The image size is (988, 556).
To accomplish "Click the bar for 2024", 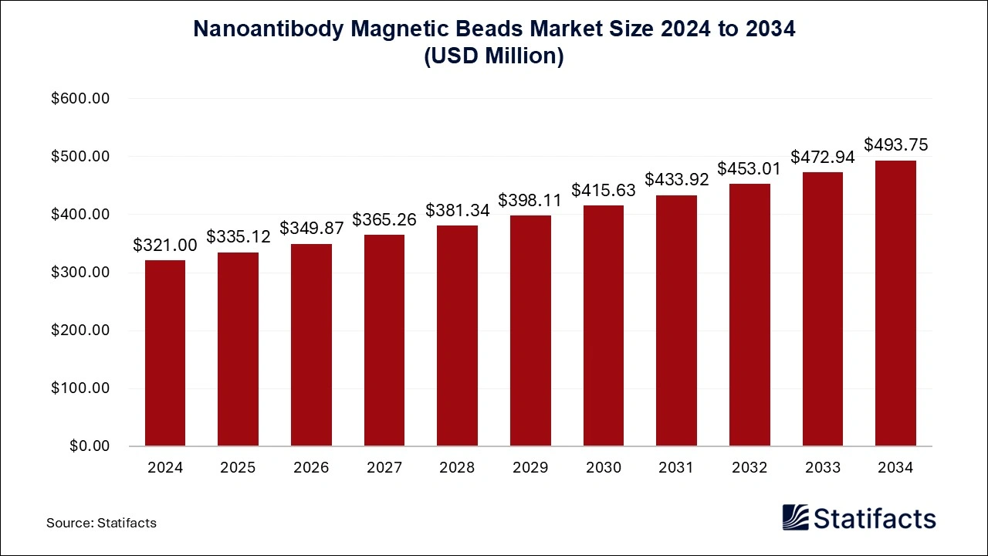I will (x=165, y=353).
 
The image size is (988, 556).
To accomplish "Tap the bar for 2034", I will (x=895, y=303).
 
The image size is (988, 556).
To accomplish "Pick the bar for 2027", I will (x=384, y=340).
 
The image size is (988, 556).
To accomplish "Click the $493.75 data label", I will (x=895, y=144).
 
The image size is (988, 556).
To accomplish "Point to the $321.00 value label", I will (x=165, y=245).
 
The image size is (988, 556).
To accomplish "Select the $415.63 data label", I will (x=604, y=190).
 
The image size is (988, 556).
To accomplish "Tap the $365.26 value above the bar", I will (x=384, y=219).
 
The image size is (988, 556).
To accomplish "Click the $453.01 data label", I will (x=749, y=168).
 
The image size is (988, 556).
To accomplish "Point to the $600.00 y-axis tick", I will (x=80, y=99).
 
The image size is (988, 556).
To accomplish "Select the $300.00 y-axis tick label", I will (x=80, y=273).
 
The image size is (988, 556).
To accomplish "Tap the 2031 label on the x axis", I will (x=676, y=467).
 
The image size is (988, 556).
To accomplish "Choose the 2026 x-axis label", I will (x=311, y=467).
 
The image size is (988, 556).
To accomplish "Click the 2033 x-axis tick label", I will (x=822, y=467).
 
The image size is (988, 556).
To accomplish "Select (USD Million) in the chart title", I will (x=494, y=56).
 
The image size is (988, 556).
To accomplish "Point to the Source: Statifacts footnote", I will (x=101, y=523).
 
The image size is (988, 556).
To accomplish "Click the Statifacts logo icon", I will (x=795, y=518).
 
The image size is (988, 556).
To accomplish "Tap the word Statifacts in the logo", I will (x=875, y=518).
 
